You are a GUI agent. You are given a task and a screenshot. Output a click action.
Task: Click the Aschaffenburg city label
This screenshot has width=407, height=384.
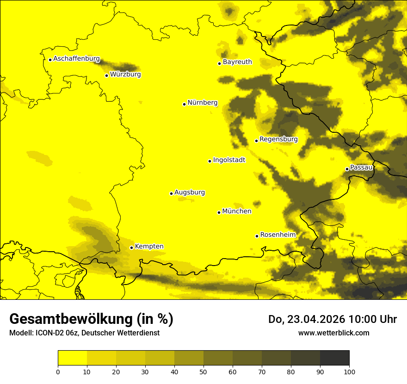[76, 59]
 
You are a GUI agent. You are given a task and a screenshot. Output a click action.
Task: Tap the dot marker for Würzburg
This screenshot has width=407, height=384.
[106, 75]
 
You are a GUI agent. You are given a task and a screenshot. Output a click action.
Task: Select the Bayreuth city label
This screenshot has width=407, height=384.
[237, 62]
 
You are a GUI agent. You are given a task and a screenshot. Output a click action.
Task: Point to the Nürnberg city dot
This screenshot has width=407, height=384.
[184, 104]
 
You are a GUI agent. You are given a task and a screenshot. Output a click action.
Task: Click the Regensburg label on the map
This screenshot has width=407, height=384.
[278, 139]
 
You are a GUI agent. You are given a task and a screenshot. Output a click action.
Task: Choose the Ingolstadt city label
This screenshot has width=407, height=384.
[229, 160]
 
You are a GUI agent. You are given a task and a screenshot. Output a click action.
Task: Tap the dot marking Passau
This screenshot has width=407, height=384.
[347, 169]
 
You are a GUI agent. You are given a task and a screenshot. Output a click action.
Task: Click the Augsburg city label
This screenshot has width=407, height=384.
[189, 192]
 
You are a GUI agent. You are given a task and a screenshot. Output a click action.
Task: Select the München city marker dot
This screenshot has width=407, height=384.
[219, 212]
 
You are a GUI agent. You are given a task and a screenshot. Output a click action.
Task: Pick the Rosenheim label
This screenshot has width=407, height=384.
[277, 235]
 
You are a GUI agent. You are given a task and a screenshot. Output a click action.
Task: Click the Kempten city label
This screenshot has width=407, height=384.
[149, 246]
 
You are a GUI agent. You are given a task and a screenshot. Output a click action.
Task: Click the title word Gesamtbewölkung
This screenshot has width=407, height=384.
[71, 319]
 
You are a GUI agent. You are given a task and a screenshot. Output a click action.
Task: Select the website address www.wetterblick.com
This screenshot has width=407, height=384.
[333, 333]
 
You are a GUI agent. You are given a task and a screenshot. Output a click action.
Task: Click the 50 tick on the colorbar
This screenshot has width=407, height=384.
[203, 371]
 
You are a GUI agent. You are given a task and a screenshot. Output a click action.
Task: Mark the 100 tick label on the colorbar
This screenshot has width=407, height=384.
[349, 371]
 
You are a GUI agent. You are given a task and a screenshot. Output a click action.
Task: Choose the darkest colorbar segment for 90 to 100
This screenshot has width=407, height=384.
[334, 358]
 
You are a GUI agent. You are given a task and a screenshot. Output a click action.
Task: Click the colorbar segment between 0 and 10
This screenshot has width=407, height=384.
[72, 358]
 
